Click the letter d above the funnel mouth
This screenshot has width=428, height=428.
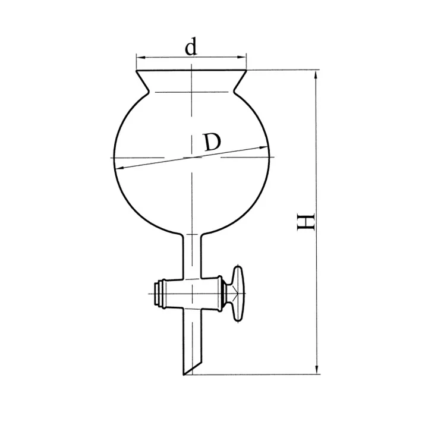click(191, 47)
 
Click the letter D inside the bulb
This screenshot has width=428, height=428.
click(212, 143)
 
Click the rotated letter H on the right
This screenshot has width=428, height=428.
click(306, 222)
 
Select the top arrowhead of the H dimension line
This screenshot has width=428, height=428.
click(316, 75)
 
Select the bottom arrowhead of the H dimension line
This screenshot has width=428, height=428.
click(317, 369)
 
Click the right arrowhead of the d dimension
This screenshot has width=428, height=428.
click(241, 57)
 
